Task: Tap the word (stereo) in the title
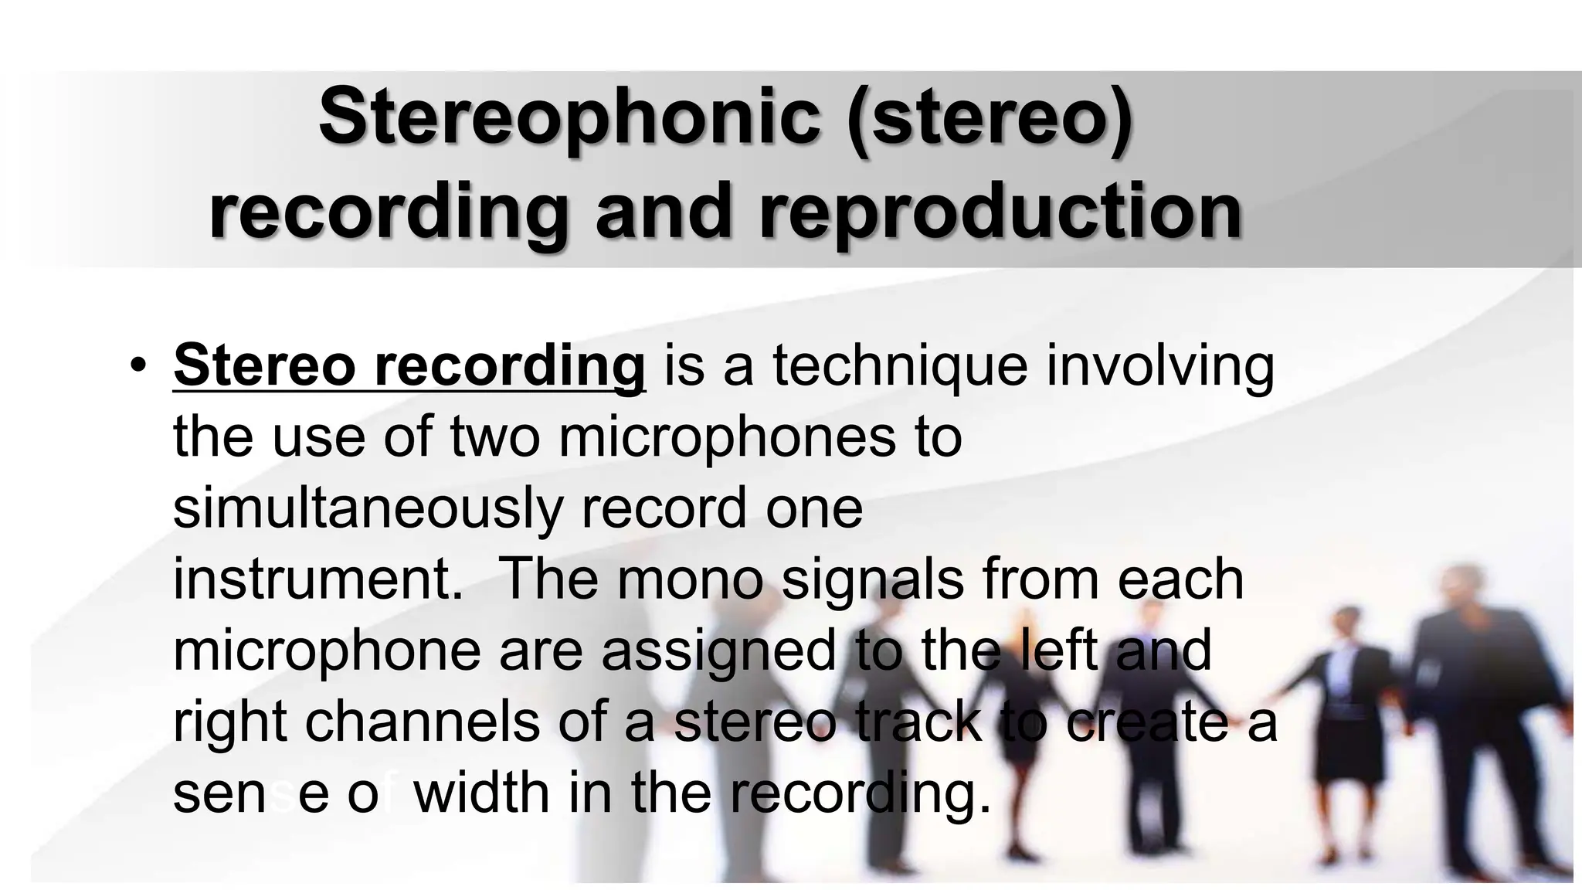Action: (x=990, y=117)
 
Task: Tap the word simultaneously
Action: (x=369, y=509)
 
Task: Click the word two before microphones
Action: (x=494, y=437)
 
